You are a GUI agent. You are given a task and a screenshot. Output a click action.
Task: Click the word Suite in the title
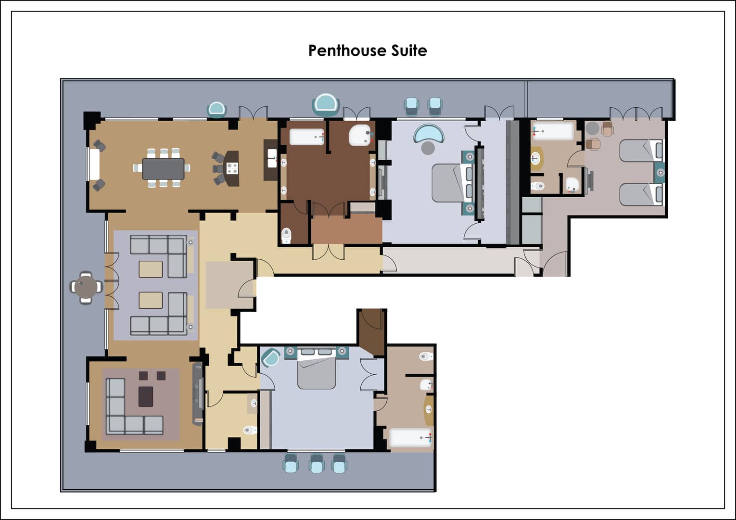409,51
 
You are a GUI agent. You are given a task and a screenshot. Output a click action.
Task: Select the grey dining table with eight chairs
163,168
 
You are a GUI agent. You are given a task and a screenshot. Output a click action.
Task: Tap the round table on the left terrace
86,287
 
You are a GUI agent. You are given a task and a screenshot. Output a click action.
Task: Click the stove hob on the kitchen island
232,168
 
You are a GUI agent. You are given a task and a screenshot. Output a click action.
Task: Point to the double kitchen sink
272,158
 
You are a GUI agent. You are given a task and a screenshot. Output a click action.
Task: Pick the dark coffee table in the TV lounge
146,396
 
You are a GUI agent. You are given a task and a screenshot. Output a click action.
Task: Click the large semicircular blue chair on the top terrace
325,105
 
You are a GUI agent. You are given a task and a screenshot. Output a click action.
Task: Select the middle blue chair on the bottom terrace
317,463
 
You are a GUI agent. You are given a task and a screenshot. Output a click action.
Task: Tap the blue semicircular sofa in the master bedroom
429,133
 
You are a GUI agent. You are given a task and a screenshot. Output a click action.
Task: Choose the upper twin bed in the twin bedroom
641,151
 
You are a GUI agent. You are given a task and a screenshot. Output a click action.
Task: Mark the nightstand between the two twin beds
660,173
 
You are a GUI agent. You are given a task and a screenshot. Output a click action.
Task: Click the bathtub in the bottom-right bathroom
411,438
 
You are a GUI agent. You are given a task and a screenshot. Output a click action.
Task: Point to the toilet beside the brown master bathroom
287,236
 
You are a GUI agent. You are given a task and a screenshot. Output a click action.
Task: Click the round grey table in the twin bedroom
593,128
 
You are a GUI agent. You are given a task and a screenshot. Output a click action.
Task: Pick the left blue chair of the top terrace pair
411,106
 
